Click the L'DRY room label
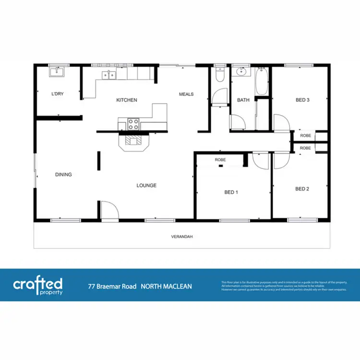(x=57, y=94)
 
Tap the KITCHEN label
(x=127, y=100)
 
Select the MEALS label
(x=186, y=94)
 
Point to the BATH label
(x=243, y=100)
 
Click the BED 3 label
(x=302, y=100)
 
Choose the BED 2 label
(x=302, y=189)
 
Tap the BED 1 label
(x=231, y=192)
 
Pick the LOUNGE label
(x=146, y=185)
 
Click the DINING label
(x=63, y=175)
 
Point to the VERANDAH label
(x=182, y=237)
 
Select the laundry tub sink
(x=57, y=72)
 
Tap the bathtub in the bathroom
(x=262, y=81)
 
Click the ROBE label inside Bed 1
(x=220, y=159)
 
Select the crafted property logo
(x=37, y=285)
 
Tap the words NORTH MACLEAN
(x=166, y=287)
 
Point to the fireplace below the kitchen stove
(x=134, y=141)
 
